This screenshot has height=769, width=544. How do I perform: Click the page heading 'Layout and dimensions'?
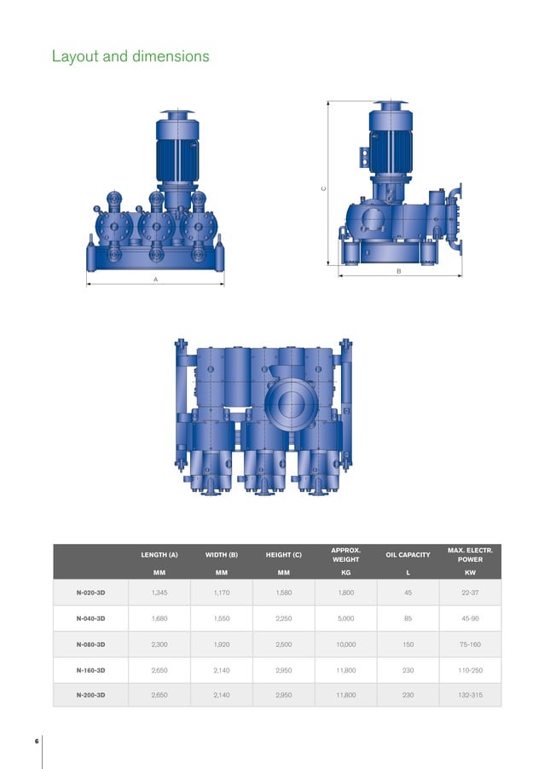[130, 57]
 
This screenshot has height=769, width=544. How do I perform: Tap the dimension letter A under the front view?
[155, 279]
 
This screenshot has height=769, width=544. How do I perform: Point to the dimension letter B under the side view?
[399, 270]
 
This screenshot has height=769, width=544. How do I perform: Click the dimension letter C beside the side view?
[323, 188]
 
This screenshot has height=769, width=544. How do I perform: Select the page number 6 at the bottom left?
[37, 741]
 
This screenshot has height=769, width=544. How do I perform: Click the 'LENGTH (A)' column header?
[159, 555]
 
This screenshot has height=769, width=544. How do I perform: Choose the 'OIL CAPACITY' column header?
[408, 555]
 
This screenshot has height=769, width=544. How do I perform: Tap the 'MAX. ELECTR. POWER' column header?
[470, 555]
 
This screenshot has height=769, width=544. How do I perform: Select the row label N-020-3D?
[91, 592]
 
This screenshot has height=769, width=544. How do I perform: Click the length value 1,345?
[159, 592]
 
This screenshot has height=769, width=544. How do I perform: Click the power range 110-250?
[470, 670]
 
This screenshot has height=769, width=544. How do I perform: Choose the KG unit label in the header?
[346, 573]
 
